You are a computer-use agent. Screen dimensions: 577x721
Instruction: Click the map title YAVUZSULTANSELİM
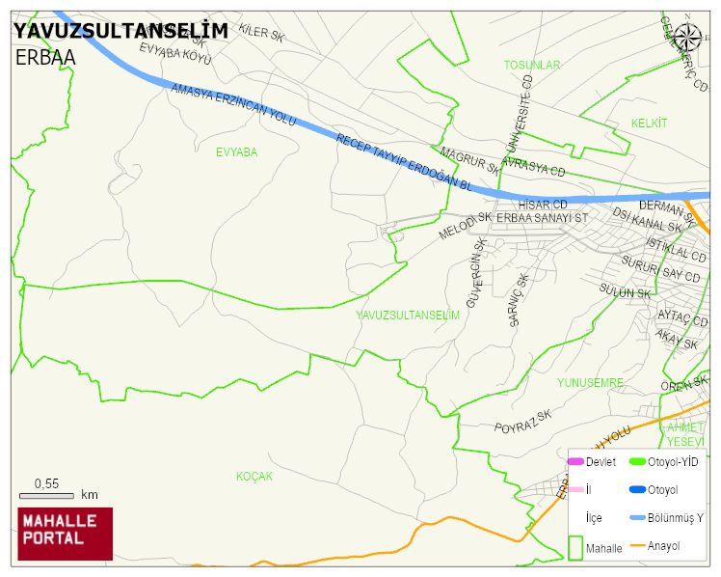120,31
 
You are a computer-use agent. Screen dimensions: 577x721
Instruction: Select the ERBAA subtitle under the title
45,57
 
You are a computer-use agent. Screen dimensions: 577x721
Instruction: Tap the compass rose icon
687,37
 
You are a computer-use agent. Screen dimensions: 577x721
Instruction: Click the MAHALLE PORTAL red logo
66,534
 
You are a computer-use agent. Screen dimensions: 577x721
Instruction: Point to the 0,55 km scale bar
46,495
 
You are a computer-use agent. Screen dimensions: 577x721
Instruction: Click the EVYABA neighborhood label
236,152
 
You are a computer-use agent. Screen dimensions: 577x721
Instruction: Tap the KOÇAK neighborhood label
254,477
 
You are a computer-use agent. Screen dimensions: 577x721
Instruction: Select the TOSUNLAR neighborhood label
531,65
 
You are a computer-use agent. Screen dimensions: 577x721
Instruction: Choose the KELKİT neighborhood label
649,124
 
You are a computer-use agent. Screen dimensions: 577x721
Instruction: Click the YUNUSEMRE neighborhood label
591,383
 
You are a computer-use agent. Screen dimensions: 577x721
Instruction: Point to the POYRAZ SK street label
522,422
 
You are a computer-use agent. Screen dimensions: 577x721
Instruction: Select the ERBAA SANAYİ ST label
542,218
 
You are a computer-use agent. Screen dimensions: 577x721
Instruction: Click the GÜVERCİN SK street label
474,273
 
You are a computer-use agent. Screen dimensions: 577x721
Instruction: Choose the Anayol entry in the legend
663,546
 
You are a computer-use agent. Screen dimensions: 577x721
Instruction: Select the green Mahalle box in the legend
575,546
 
